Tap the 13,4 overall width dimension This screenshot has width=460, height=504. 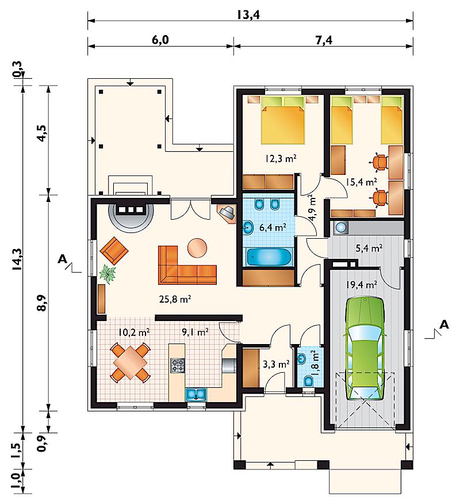point(248,15)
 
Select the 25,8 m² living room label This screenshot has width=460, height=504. point(175,300)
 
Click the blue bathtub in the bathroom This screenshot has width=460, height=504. point(269,257)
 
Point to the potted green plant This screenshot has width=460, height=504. point(108,274)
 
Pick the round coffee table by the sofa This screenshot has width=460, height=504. point(197,248)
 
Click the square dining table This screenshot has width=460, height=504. point(130,362)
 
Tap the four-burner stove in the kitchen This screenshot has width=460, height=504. point(178,365)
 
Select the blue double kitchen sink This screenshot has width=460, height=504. point(196,394)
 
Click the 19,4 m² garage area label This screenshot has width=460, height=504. point(362,284)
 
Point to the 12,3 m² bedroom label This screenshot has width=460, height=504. point(281,158)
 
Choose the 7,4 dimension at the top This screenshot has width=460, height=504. point(324,40)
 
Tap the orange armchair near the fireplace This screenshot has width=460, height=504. point(114,251)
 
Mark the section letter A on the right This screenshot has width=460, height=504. point(444,324)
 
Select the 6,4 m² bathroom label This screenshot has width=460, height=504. point(273,228)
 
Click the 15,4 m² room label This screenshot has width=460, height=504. point(361,182)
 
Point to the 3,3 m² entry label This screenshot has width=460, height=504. point(276,364)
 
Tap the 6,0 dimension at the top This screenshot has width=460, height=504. point(160,40)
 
